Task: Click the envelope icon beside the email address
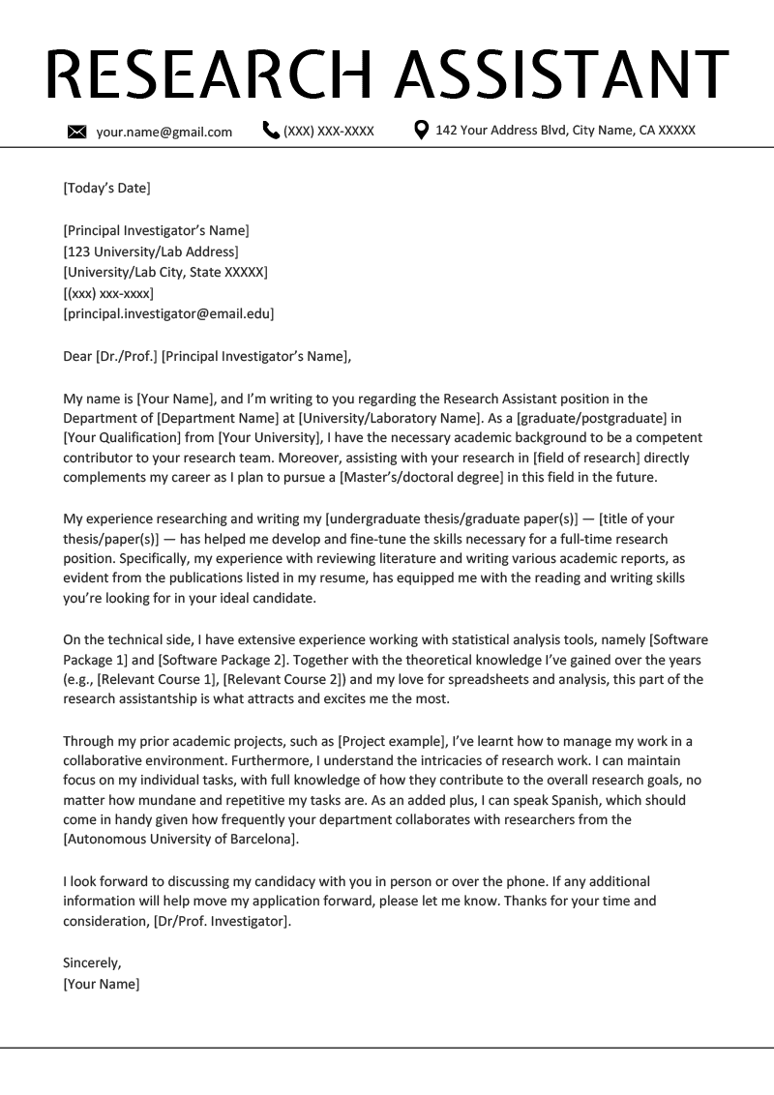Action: [77, 132]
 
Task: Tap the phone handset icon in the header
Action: [271, 130]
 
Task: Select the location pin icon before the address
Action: [421, 130]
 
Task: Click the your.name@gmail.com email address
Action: [164, 132]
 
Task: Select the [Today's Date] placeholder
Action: [106, 188]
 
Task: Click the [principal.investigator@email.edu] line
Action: [168, 313]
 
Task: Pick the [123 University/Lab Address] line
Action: [150, 252]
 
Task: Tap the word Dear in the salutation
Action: [77, 356]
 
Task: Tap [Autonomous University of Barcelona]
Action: [181, 839]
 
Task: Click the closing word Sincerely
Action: [92, 962]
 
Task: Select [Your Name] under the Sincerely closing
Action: [102, 984]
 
